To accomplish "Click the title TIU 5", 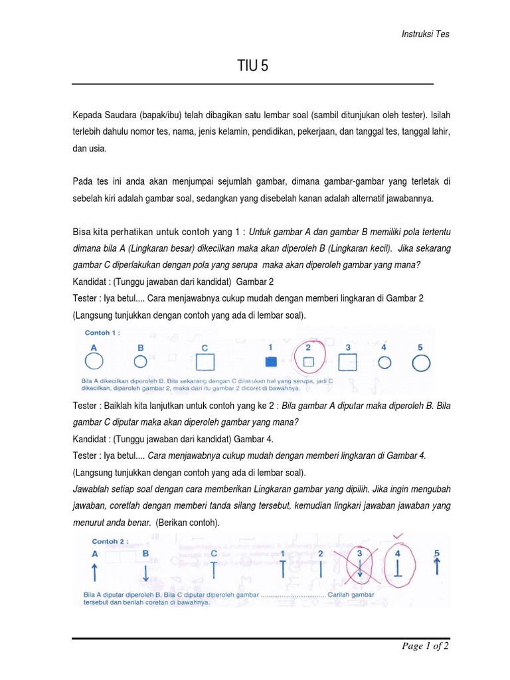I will coord(253,66).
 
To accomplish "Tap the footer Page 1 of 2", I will coord(426,647).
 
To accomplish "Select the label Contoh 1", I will coord(102,333).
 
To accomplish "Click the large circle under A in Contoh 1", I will coord(94,361).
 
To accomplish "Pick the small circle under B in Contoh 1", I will coord(140,361).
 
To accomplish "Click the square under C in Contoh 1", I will coord(206,362).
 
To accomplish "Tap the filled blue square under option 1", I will coord(270,362).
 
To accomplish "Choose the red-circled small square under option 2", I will coord(308,362).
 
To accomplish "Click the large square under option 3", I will coord(348,362).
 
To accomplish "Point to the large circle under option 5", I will coord(421,362).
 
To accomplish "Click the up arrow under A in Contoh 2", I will coord(95,570).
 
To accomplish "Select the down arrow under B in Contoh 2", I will coord(145,570).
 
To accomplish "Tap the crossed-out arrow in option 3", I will coord(360,566).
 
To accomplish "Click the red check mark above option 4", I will coord(398,536).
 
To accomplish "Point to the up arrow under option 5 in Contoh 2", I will coord(437,565).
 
